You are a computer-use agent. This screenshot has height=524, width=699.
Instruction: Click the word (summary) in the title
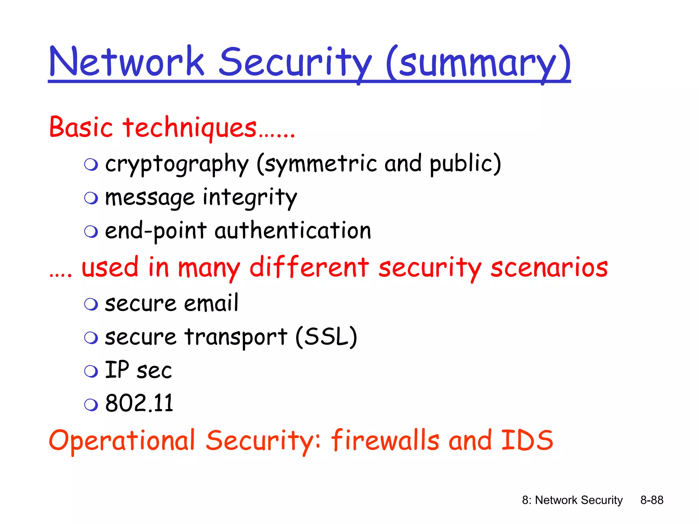(478, 63)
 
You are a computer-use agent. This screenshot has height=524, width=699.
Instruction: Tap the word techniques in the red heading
(190, 128)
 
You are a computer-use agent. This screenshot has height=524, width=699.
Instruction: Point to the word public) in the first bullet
(465, 164)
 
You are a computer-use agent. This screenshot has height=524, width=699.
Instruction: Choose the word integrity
(250, 198)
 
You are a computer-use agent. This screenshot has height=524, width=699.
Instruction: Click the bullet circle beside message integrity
(91, 198)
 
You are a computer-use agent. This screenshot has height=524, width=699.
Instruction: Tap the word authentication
(293, 231)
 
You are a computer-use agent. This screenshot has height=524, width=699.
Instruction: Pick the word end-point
(156, 231)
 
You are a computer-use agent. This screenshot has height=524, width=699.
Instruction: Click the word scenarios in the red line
(549, 268)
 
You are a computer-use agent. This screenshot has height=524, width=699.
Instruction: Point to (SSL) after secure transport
(326, 337)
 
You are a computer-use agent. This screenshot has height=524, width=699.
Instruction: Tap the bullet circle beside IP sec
(91, 371)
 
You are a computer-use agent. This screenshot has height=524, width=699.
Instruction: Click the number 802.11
(139, 403)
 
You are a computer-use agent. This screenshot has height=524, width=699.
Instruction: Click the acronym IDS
(527, 440)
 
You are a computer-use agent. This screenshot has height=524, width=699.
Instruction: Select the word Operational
(122, 441)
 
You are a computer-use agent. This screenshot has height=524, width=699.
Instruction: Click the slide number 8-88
(652, 500)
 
